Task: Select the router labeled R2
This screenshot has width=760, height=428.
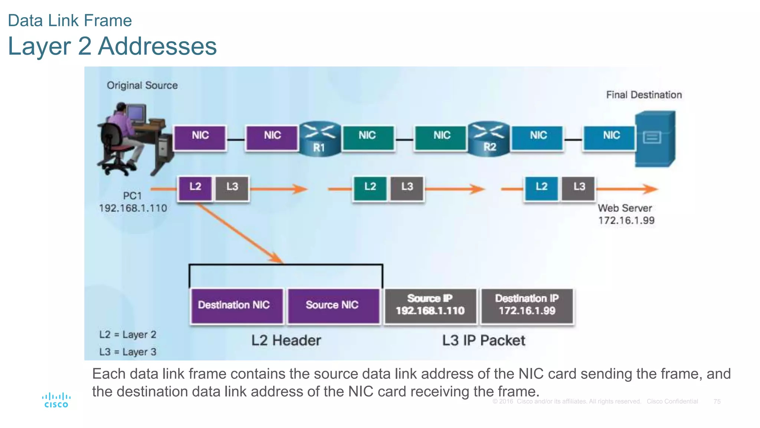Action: tap(489, 139)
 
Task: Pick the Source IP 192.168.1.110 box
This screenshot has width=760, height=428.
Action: tap(430, 305)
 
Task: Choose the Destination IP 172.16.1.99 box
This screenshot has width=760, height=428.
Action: tap(527, 305)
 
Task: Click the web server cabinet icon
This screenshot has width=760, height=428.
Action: tap(655, 139)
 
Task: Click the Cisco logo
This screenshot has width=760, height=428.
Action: tap(56, 400)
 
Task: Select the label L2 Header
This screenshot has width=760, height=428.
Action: tap(286, 340)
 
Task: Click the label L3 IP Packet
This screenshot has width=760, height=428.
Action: tap(484, 340)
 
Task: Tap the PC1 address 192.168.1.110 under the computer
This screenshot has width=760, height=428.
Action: tap(133, 208)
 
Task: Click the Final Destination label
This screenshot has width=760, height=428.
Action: tap(644, 95)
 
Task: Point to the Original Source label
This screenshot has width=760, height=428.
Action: tap(142, 85)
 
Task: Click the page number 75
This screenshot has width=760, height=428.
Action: tap(717, 402)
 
